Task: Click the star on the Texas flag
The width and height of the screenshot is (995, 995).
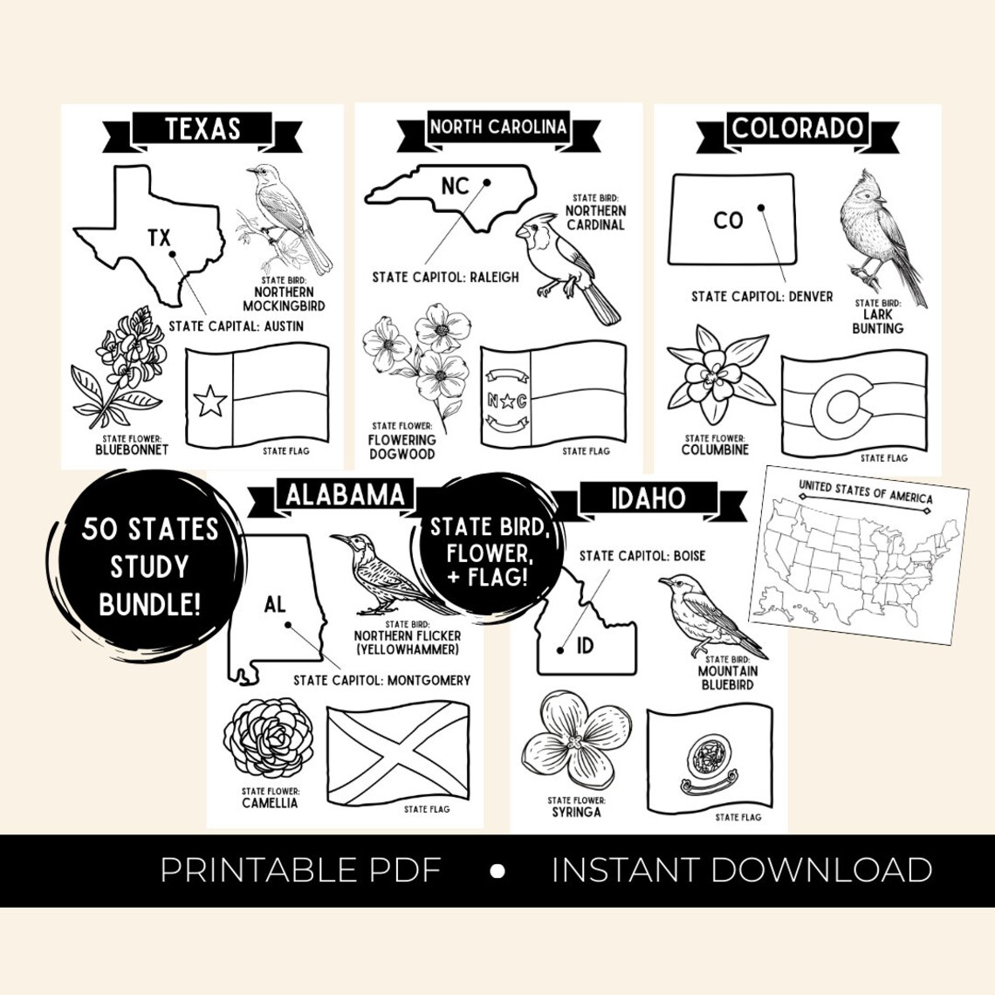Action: click(x=209, y=401)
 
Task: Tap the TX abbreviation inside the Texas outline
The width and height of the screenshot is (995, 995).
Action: click(x=159, y=237)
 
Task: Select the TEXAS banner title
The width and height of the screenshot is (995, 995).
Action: click(x=202, y=129)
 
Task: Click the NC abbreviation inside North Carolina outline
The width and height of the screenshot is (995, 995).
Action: click(x=455, y=186)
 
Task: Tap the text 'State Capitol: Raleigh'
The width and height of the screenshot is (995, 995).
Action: click(x=445, y=277)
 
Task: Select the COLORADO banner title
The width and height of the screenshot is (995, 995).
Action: click(x=797, y=129)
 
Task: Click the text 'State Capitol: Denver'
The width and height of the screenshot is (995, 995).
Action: click(x=762, y=297)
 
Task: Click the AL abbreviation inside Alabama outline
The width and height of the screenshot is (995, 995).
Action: click(x=275, y=604)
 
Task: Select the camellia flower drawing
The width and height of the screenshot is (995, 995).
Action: click(x=269, y=738)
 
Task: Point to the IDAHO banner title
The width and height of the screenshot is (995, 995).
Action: click(x=648, y=498)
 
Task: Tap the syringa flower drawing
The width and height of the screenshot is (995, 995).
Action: click(x=573, y=742)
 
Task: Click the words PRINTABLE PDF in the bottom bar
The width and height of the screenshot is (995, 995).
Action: click(x=300, y=870)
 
